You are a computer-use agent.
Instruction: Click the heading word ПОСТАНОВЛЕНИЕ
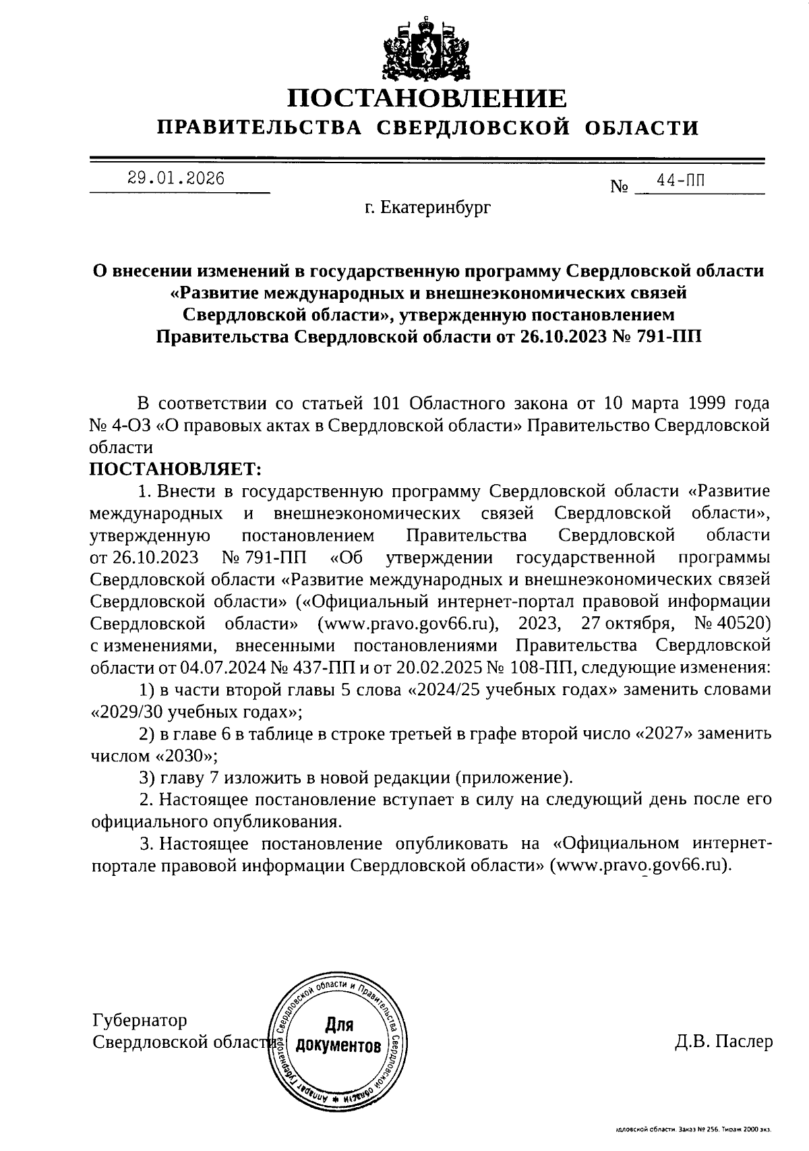tap(427, 98)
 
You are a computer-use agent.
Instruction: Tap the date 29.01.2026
tap(176, 179)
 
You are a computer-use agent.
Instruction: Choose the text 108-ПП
tap(543, 668)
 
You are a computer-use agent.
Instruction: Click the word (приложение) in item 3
tap(514, 777)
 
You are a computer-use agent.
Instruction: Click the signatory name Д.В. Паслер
tap(723, 1041)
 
